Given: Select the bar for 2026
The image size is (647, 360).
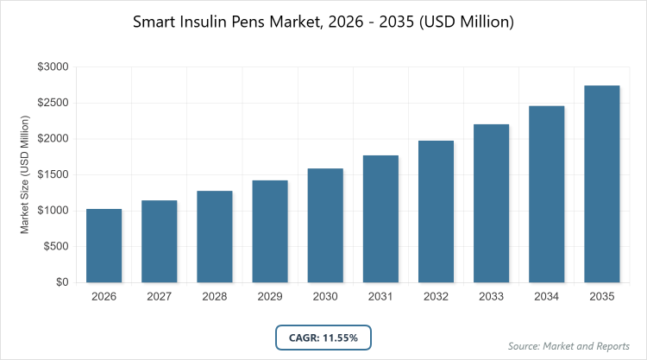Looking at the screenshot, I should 104,245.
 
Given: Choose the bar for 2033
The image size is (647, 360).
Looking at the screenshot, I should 492,203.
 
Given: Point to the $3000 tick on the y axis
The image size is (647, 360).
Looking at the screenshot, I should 53,66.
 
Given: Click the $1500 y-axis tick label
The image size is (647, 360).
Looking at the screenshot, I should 53,174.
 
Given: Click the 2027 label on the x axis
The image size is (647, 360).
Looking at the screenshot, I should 159,297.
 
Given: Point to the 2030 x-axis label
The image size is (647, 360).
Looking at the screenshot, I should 325,297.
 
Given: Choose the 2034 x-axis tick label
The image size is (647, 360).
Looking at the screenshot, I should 547,297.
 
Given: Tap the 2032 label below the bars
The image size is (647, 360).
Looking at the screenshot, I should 436,297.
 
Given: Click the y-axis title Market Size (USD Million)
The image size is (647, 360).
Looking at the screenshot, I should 25,174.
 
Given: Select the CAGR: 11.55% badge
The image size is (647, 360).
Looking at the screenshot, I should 323,338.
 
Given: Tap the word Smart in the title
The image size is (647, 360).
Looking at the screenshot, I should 154,22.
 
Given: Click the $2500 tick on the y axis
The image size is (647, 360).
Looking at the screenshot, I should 53,103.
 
